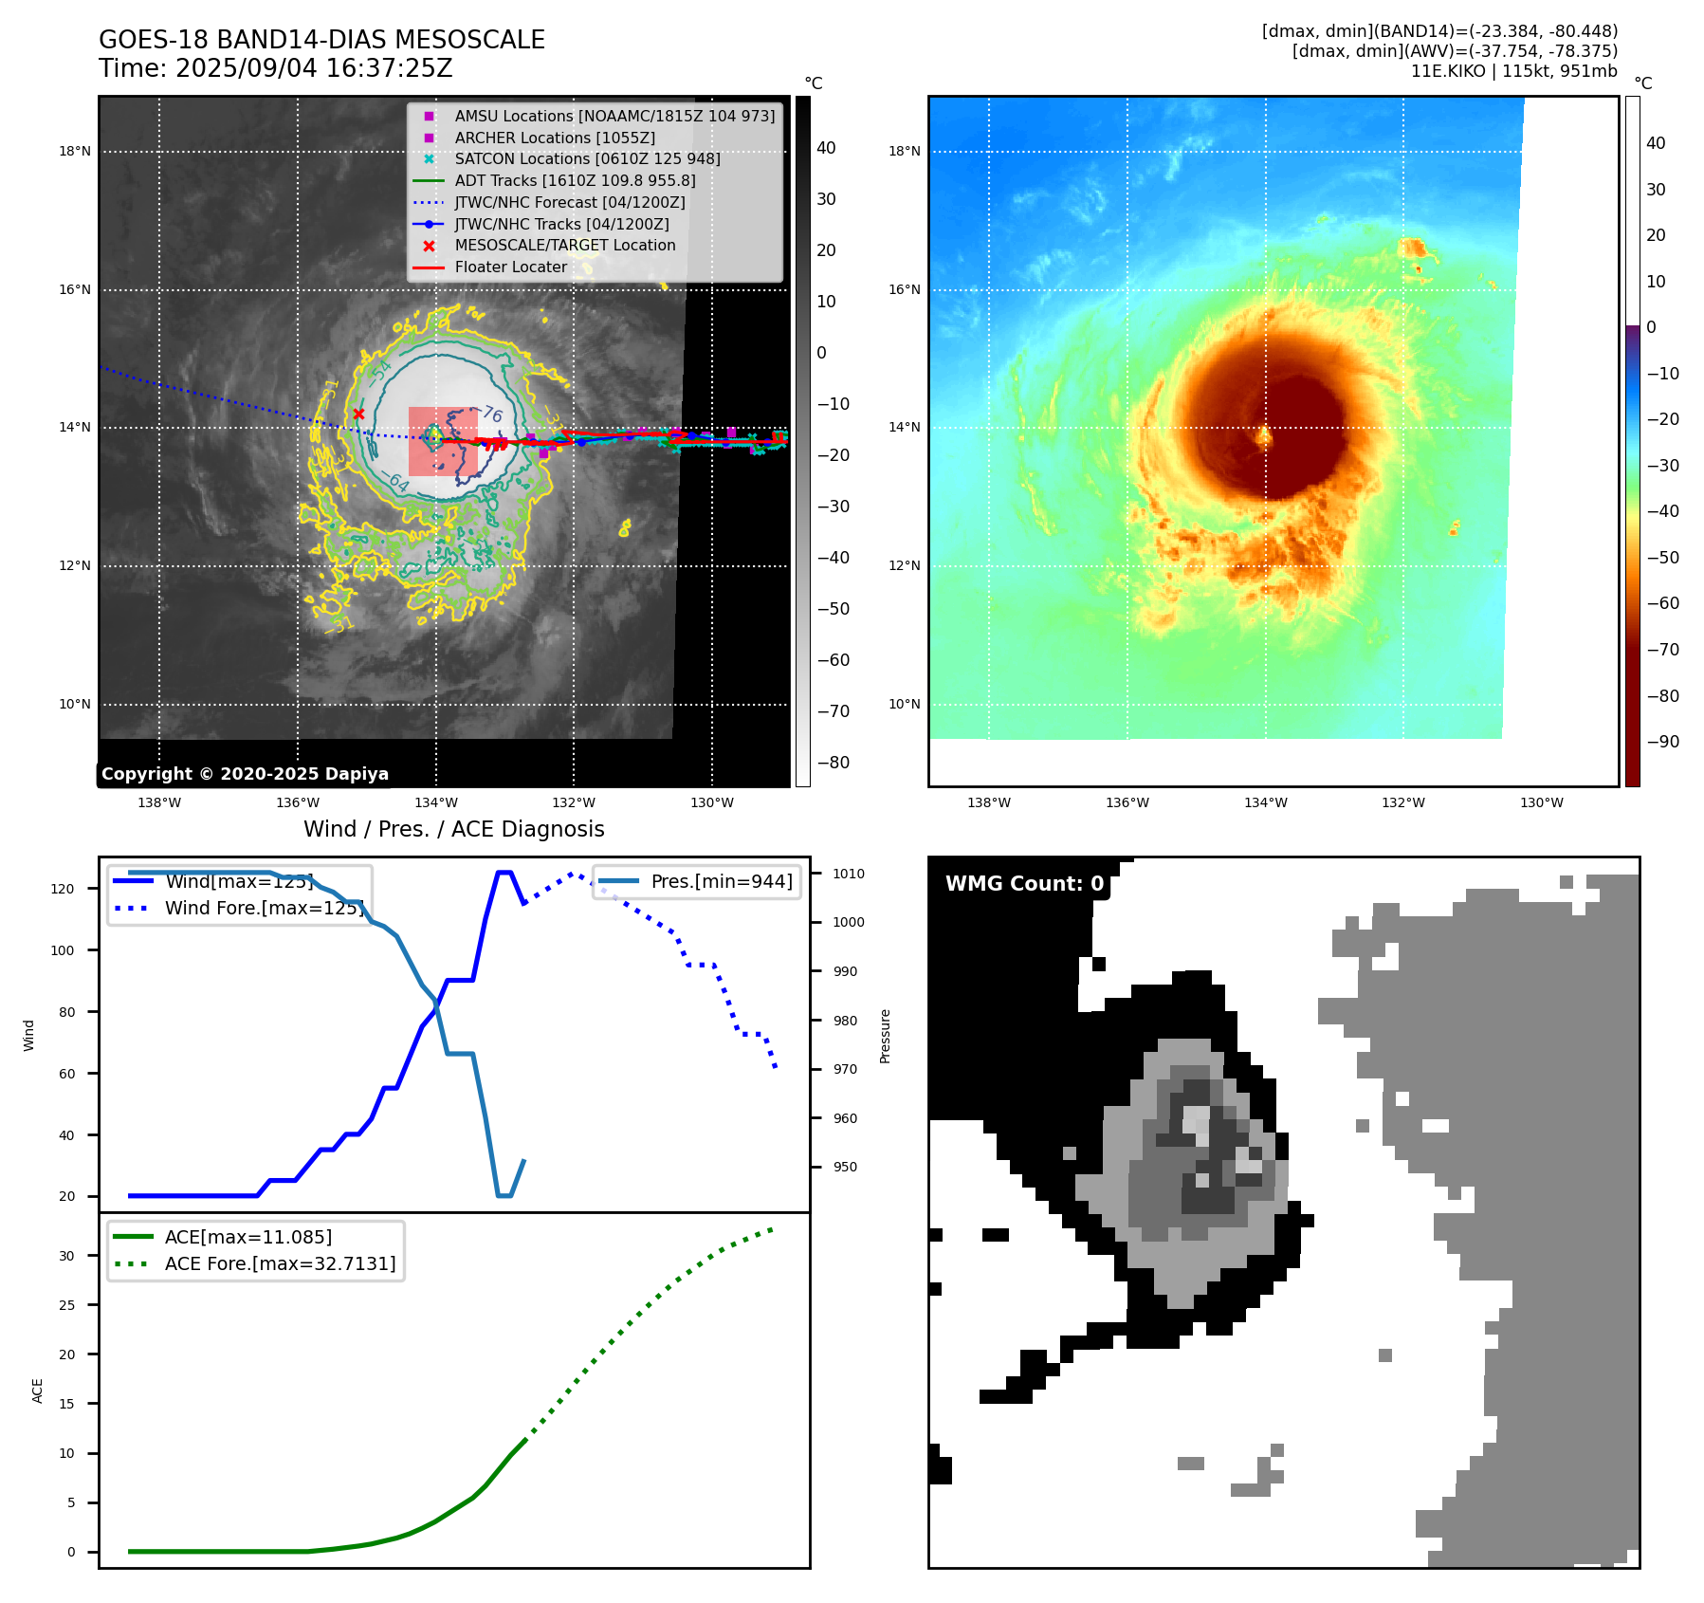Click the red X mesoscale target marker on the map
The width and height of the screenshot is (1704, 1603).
pyautogui.click(x=358, y=414)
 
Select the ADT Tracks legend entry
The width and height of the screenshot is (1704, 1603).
pyautogui.click(x=575, y=180)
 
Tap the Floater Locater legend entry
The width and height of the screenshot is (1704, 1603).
pyautogui.click(x=510, y=267)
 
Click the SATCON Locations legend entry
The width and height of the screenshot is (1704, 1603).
pyautogui.click(x=587, y=159)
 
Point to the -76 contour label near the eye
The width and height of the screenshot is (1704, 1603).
pyautogui.click(x=492, y=415)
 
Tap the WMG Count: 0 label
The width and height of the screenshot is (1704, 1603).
pyautogui.click(x=1024, y=884)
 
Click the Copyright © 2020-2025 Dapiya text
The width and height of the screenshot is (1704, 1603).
pyautogui.click(x=245, y=774)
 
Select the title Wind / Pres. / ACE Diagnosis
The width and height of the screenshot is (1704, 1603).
pyautogui.click(x=453, y=829)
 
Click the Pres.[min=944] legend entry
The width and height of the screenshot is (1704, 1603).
pyautogui.click(x=722, y=881)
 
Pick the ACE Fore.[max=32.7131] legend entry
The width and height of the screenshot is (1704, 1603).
pyautogui.click(x=280, y=1263)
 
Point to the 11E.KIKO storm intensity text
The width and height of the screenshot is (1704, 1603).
pyautogui.click(x=1513, y=71)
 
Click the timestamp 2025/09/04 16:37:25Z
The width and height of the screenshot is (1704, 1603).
pyautogui.click(x=314, y=69)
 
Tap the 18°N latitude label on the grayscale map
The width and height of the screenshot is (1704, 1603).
pyautogui.click(x=75, y=152)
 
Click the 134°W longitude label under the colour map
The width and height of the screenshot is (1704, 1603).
pyautogui.click(x=1265, y=803)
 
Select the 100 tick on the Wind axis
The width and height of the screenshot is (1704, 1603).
pyautogui.click(x=63, y=950)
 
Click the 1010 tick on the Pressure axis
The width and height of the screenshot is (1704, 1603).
pyautogui.click(x=849, y=874)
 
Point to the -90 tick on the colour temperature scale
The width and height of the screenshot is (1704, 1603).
pyautogui.click(x=1662, y=742)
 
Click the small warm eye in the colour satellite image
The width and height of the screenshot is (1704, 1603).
pyautogui.click(x=1263, y=436)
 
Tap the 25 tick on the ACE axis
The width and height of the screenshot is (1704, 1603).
pyautogui.click(x=66, y=1305)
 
